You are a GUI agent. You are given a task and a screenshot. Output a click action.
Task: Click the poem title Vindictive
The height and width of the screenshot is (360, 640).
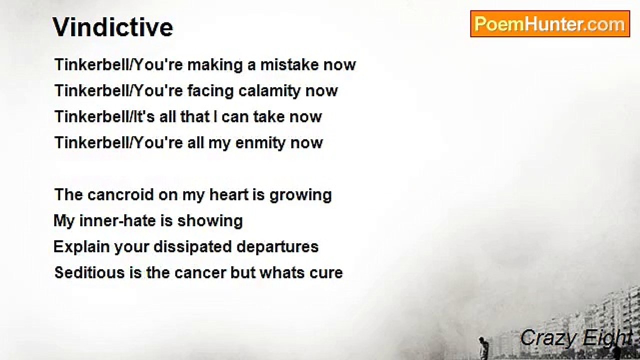pyautogui.click(x=112, y=27)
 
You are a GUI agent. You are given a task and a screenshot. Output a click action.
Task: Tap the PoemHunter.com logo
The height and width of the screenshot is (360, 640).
pyautogui.click(x=550, y=24)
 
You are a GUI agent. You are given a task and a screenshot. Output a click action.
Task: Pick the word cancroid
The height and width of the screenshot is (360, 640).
pyautogui.click(x=121, y=195)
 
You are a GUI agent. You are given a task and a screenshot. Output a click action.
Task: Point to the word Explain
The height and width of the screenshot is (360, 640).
pyautogui.click(x=81, y=247)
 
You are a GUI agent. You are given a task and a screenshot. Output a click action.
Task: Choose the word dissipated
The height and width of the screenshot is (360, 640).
pyautogui.click(x=192, y=247)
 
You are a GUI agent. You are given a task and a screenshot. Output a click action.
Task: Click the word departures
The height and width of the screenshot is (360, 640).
pyautogui.click(x=277, y=247)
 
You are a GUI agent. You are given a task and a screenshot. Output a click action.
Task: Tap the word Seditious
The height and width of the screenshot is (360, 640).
pyautogui.click(x=89, y=272)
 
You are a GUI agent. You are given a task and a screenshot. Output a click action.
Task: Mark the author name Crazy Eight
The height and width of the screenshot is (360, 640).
pyautogui.click(x=575, y=338)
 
